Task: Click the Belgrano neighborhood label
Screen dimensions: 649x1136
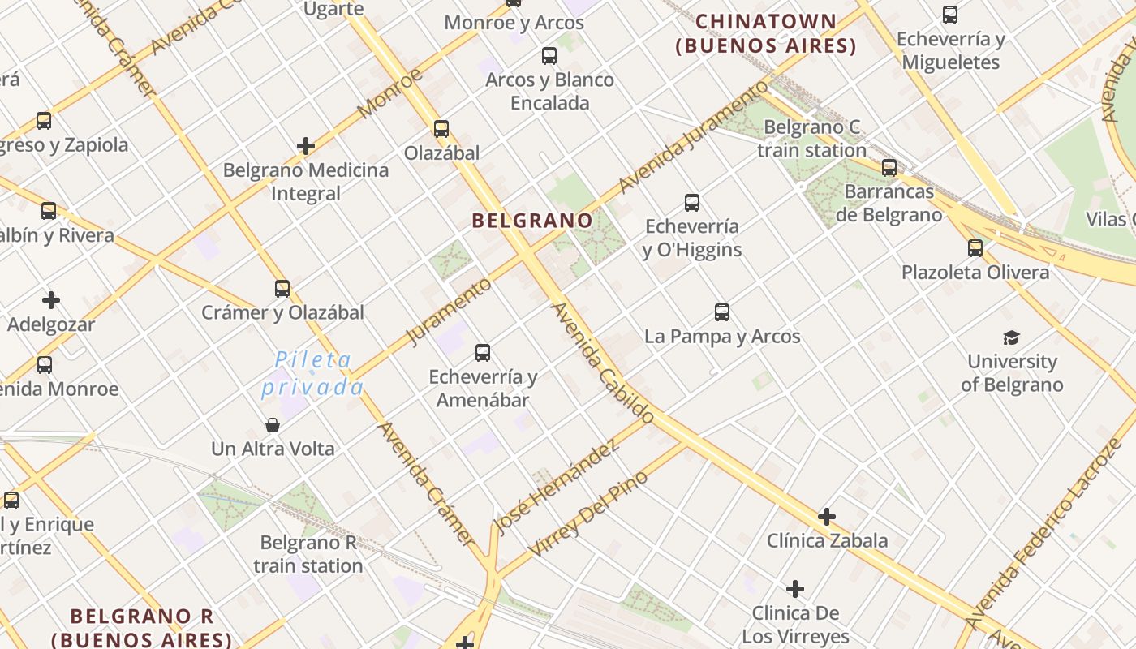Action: pyautogui.click(x=532, y=220)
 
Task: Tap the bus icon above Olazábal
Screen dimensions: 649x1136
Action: pyautogui.click(x=441, y=128)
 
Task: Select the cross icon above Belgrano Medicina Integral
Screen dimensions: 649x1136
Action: pyautogui.click(x=306, y=146)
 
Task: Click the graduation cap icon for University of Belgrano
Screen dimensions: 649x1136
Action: pyautogui.click(x=1011, y=337)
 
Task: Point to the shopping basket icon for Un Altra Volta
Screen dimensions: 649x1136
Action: pyautogui.click(x=273, y=424)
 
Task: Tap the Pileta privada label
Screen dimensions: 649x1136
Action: pyautogui.click(x=312, y=373)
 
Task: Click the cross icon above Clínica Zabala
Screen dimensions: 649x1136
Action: pyautogui.click(x=827, y=516)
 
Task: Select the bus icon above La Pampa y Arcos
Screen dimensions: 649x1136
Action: pyautogui.click(x=722, y=312)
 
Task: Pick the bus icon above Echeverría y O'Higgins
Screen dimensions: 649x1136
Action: pyautogui.click(x=692, y=202)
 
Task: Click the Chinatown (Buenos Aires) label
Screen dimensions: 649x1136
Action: pyautogui.click(x=766, y=33)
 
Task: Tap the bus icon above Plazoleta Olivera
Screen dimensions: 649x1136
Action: pyautogui.click(x=975, y=247)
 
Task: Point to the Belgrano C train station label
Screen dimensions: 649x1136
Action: pyautogui.click(x=812, y=139)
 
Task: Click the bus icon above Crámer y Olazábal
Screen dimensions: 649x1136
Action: pyautogui.click(x=282, y=288)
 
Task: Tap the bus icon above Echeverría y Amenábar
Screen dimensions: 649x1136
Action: pyautogui.click(x=483, y=352)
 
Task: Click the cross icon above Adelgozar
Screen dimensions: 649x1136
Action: pyautogui.click(x=51, y=300)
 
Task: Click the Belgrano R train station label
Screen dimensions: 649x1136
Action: pyautogui.click(x=308, y=554)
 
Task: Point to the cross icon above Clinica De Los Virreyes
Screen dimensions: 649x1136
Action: pyautogui.click(x=795, y=588)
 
